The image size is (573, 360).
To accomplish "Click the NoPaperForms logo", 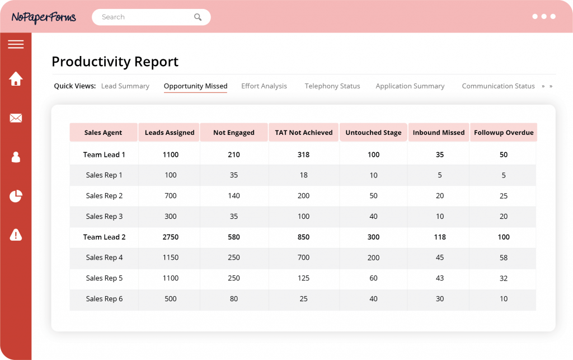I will click(44, 17).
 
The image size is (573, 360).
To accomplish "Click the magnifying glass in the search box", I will click(198, 17).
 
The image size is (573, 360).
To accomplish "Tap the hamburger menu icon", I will click(16, 44).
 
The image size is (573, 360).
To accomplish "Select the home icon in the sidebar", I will click(16, 79).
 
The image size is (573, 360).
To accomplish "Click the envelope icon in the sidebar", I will click(16, 118).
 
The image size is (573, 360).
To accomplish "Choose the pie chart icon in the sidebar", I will click(16, 196).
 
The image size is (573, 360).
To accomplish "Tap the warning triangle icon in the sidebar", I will click(16, 235).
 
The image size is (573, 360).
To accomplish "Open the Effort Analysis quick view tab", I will click(264, 86).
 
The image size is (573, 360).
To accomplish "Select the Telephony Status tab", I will click(332, 86).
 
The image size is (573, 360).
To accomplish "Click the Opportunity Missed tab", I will click(195, 86).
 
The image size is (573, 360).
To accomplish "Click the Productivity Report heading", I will click(115, 62).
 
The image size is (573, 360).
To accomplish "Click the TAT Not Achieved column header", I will click(303, 133).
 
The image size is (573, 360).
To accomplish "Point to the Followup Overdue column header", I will click(503, 133).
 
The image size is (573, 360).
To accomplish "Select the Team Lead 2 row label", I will click(104, 237).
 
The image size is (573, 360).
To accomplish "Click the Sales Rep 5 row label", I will click(104, 278).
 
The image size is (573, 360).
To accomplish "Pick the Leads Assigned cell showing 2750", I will click(170, 237).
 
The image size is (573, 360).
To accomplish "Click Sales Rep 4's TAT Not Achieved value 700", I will click(303, 258).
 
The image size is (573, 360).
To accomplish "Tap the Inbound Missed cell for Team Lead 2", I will click(439, 237).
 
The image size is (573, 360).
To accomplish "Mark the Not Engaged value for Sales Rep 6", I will click(233, 299).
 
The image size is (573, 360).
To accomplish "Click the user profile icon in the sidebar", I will click(16, 157).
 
